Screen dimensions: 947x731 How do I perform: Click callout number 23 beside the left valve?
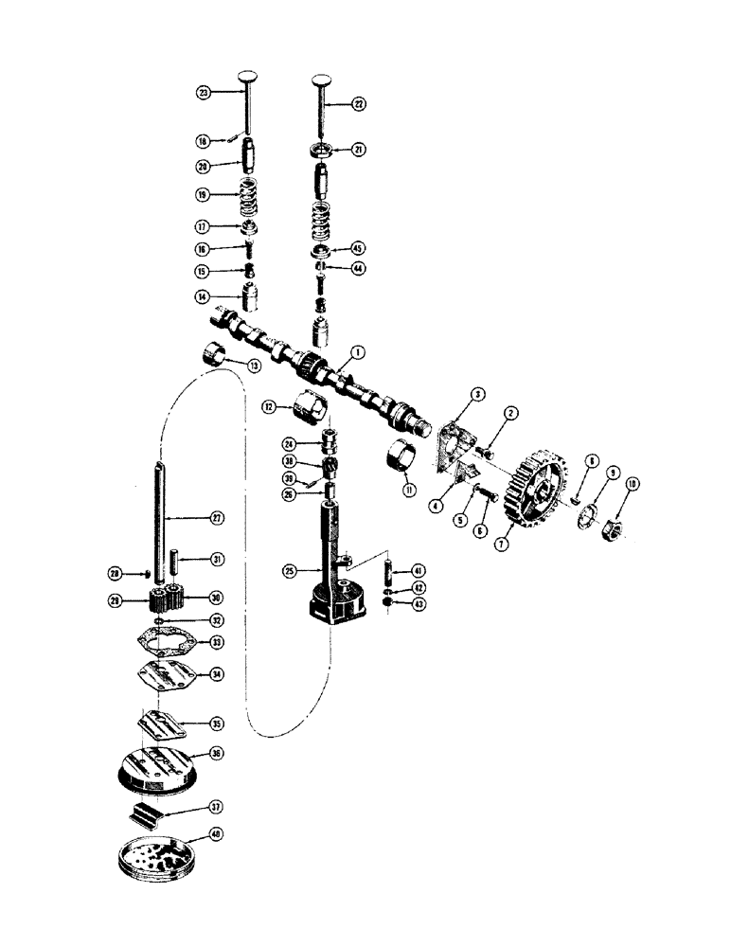[x=203, y=93]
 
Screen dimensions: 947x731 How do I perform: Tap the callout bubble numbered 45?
[x=359, y=247]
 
